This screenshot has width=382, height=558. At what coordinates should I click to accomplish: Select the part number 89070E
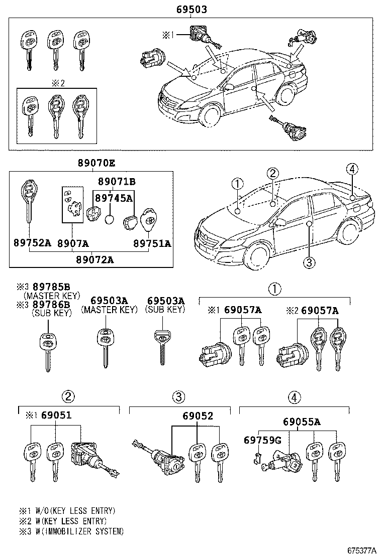96,163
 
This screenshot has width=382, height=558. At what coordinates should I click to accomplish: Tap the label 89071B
117,182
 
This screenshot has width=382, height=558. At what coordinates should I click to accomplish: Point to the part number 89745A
115,198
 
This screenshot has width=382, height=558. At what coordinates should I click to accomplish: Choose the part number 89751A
152,243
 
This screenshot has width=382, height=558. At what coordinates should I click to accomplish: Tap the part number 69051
56,416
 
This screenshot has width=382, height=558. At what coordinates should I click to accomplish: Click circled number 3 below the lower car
309,262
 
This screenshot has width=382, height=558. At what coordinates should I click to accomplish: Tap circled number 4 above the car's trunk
352,169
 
